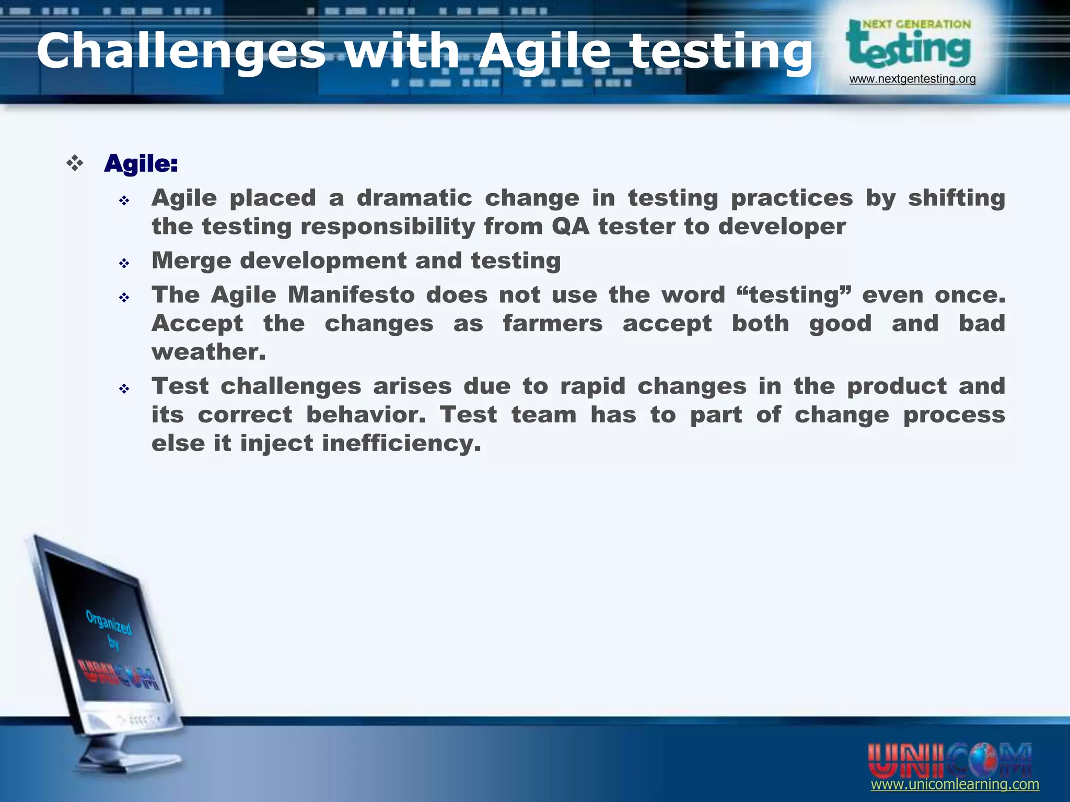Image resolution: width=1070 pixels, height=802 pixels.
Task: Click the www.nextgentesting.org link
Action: (912, 79)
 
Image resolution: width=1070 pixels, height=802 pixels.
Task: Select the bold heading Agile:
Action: (141, 164)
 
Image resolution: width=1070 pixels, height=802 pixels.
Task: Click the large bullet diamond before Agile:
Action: (75, 163)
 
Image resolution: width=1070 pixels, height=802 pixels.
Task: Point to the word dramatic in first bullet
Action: (414, 198)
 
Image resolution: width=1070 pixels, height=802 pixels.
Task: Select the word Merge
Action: (191, 261)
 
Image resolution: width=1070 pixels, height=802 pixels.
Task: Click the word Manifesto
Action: (351, 295)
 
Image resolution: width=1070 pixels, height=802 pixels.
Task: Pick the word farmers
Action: (552, 323)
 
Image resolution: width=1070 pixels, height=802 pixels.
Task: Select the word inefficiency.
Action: (401, 443)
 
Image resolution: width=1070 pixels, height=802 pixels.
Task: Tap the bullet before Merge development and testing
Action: (124, 263)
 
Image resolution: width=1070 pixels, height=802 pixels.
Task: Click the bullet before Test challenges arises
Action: (124, 388)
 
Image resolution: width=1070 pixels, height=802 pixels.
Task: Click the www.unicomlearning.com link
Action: (955, 784)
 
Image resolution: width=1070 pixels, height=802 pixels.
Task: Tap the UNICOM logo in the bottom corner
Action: (949, 759)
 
